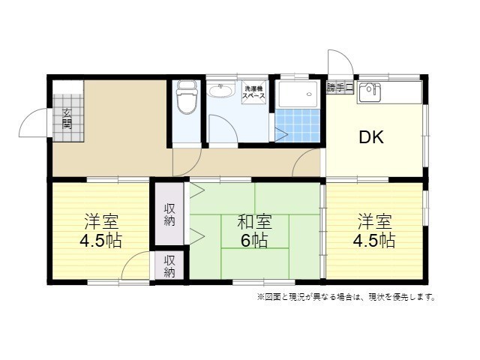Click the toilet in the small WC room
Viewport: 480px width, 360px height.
185,99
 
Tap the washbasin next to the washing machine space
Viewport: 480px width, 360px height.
221,91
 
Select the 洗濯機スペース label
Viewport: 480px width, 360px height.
253,92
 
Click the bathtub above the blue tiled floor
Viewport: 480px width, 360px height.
295,95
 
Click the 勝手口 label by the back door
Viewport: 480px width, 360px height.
340,87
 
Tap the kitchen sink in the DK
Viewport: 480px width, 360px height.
369,94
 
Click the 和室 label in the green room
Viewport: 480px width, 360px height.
254,223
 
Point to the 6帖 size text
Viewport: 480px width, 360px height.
254,241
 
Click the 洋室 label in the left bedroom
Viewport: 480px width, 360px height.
101,223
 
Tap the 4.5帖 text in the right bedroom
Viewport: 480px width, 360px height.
375,241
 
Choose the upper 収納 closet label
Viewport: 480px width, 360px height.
169,214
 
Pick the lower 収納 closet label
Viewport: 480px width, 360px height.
169,266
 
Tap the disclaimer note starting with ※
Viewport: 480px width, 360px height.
346,297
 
